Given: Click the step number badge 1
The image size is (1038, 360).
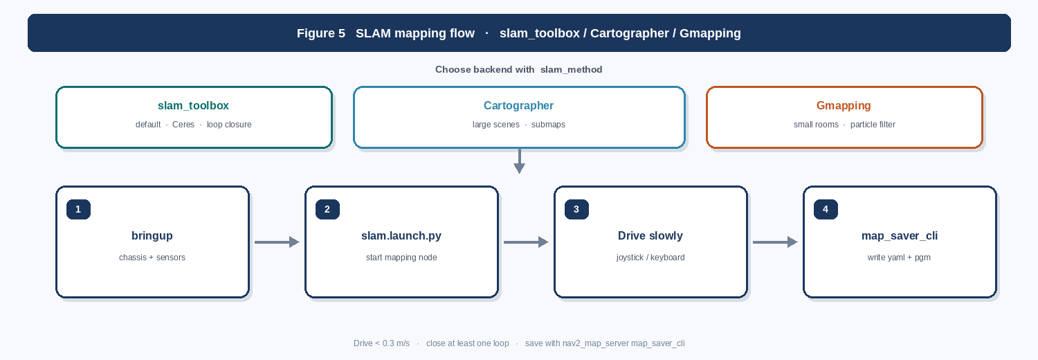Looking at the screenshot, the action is pos(78,209).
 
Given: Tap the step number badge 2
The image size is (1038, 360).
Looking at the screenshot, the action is pos(327,209).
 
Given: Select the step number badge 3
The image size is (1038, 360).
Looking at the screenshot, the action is pos(576,209).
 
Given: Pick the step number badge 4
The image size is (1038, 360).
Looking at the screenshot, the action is pos(826,209).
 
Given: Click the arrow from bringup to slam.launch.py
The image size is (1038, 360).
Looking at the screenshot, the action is pos(277,242).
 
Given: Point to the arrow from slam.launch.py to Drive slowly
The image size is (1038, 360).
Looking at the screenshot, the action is pos(526,242).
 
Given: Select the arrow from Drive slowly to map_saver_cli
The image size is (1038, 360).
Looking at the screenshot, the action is pos(775,242).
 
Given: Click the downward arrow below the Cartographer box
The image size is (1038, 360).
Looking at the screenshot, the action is pos(520,161).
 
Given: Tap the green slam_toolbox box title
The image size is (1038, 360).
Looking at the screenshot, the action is pos(193,106).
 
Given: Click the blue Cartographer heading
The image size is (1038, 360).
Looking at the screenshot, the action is pos(518,106).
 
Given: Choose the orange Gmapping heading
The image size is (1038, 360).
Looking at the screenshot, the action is pos(844,106).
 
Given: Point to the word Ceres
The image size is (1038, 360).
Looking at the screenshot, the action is pos(183,125).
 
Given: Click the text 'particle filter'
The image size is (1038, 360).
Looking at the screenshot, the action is pos(873,125).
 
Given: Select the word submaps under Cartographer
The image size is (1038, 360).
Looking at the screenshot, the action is pos(548,125).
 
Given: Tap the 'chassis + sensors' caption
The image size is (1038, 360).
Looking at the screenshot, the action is pos(152,258).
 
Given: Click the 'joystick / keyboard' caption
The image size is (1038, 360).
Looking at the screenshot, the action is pos(650,258).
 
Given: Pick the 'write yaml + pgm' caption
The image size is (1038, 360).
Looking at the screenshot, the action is pos(899,258).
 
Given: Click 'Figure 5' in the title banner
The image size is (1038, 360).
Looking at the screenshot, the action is pos(321,33).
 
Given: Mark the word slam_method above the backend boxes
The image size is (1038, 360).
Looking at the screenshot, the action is pos(572,69).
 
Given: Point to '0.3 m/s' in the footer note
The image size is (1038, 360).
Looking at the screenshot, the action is pos(396,343).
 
